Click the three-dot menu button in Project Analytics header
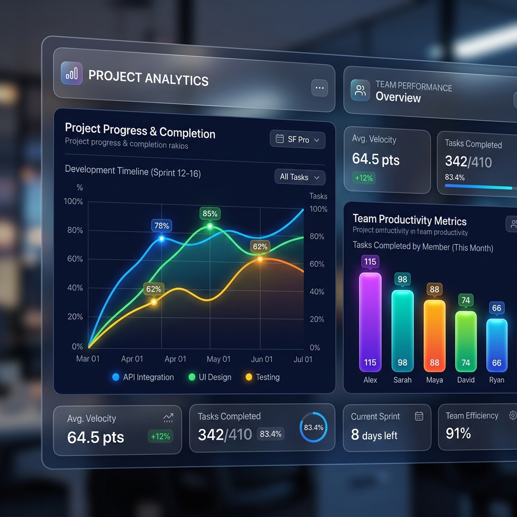pyautogui.click(x=319, y=88)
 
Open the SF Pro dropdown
pyautogui.click(x=298, y=139)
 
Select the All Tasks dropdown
pyautogui.click(x=299, y=177)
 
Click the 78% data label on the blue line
pyautogui.click(x=162, y=226)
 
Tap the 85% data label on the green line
pyautogui.click(x=210, y=214)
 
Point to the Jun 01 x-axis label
pyautogui.click(x=262, y=359)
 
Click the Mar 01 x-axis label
pyautogui.click(x=88, y=358)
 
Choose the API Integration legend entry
pyautogui.click(x=144, y=377)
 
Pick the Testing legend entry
pyautogui.click(x=262, y=377)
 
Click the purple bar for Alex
pyautogui.click(x=370, y=323)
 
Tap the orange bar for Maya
pyautogui.click(x=434, y=336)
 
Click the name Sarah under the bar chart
pyautogui.click(x=402, y=380)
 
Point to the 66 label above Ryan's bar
pyautogui.click(x=497, y=308)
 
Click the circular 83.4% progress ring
pyautogui.click(x=314, y=428)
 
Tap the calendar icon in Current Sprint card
pyautogui.click(x=419, y=416)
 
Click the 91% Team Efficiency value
pyautogui.click(x=458, y=433)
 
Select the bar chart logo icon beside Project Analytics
pyautogui.click(x=72, y=74)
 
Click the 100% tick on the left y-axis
pyautogui.click(x=74, y=201)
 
